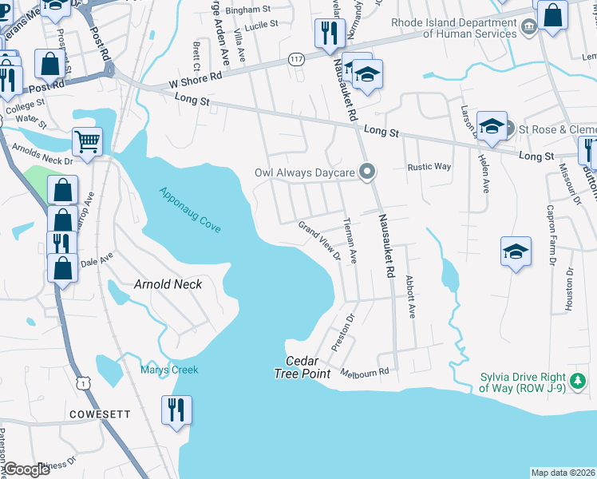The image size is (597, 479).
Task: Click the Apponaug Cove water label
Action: tap(190, 211)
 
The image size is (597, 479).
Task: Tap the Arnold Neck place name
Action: tap(168, 284)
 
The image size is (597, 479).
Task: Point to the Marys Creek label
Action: tap(168, 370)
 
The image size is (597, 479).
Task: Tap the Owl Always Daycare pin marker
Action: tap(367, 172)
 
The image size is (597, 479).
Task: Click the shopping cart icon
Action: tap(88, 142)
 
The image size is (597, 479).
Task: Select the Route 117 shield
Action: tap(296, 60)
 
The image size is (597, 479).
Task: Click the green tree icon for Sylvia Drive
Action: tap(577, 378)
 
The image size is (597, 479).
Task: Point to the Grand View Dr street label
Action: tap(320, 241)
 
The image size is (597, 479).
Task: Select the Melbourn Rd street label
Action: tap(365, 372)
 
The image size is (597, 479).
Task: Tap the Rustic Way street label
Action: tap(429, 167)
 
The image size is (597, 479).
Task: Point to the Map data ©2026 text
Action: tap(562, 473)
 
